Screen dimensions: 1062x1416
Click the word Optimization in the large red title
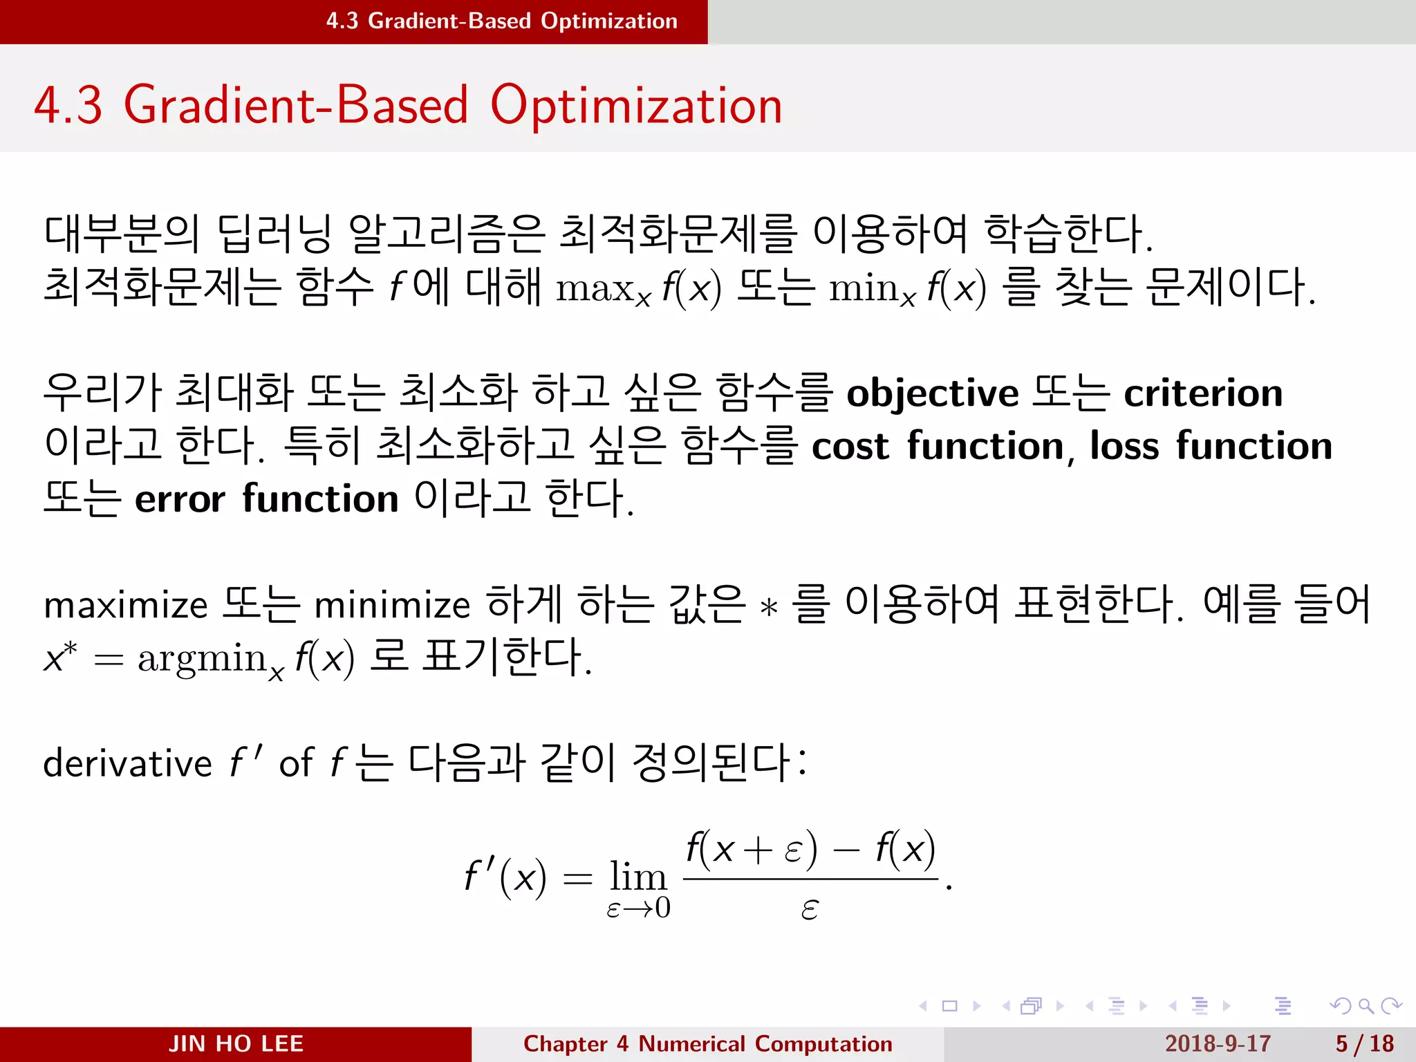(x=636, y=105)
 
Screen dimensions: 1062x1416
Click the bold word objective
(x=932, y=394)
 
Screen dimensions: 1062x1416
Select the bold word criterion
(x=1203, y=394)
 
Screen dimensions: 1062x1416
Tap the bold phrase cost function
(x=938, y=446)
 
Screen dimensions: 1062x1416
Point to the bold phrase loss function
(x=1211, y=446)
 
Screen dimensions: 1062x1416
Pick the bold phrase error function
(x=266, y=499)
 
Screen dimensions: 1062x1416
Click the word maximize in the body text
(x=125, y=606)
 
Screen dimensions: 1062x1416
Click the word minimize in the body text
(x=392, y=606)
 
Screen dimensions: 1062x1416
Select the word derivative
(x=127, y=763)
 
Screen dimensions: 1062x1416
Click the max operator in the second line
(x=596, y=288)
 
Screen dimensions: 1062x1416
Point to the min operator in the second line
(x=864, y=288)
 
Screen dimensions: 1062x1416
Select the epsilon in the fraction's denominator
(x=810, y=909)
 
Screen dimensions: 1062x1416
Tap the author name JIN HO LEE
(x=236, y=1043)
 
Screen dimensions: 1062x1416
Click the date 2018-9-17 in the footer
(x=1218, y=1043)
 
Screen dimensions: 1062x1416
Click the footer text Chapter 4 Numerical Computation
(x=707, y=1043)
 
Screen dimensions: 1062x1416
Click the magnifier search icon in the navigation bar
(x=1366, y=1006)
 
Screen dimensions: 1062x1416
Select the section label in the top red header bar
(x=501, y=21)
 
